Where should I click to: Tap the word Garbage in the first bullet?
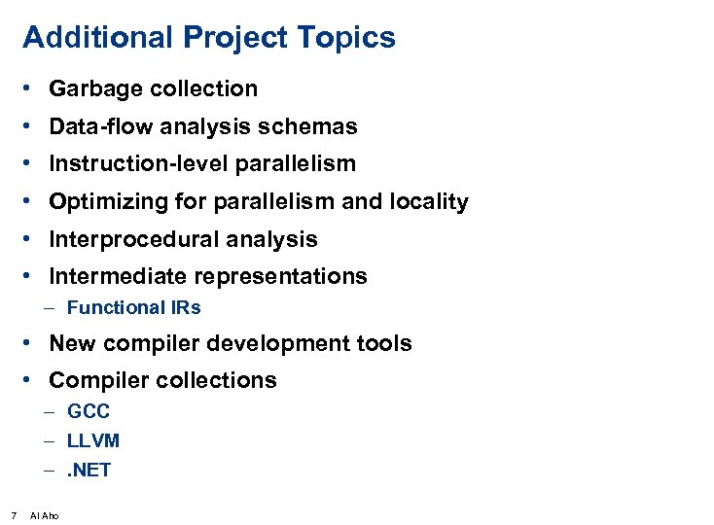pyautogui.click(x=93, y=89)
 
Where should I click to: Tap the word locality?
pyautogui.click(x=428, y=202)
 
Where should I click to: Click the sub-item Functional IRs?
pyautogui.click(x=133, y=308)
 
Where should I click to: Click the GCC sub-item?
pyautogui.click(x=89, y=411)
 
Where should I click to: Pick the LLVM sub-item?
pyautogui.click(x=93, y=441)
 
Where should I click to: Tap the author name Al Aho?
pyautogui.click(x=45, y=515)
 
